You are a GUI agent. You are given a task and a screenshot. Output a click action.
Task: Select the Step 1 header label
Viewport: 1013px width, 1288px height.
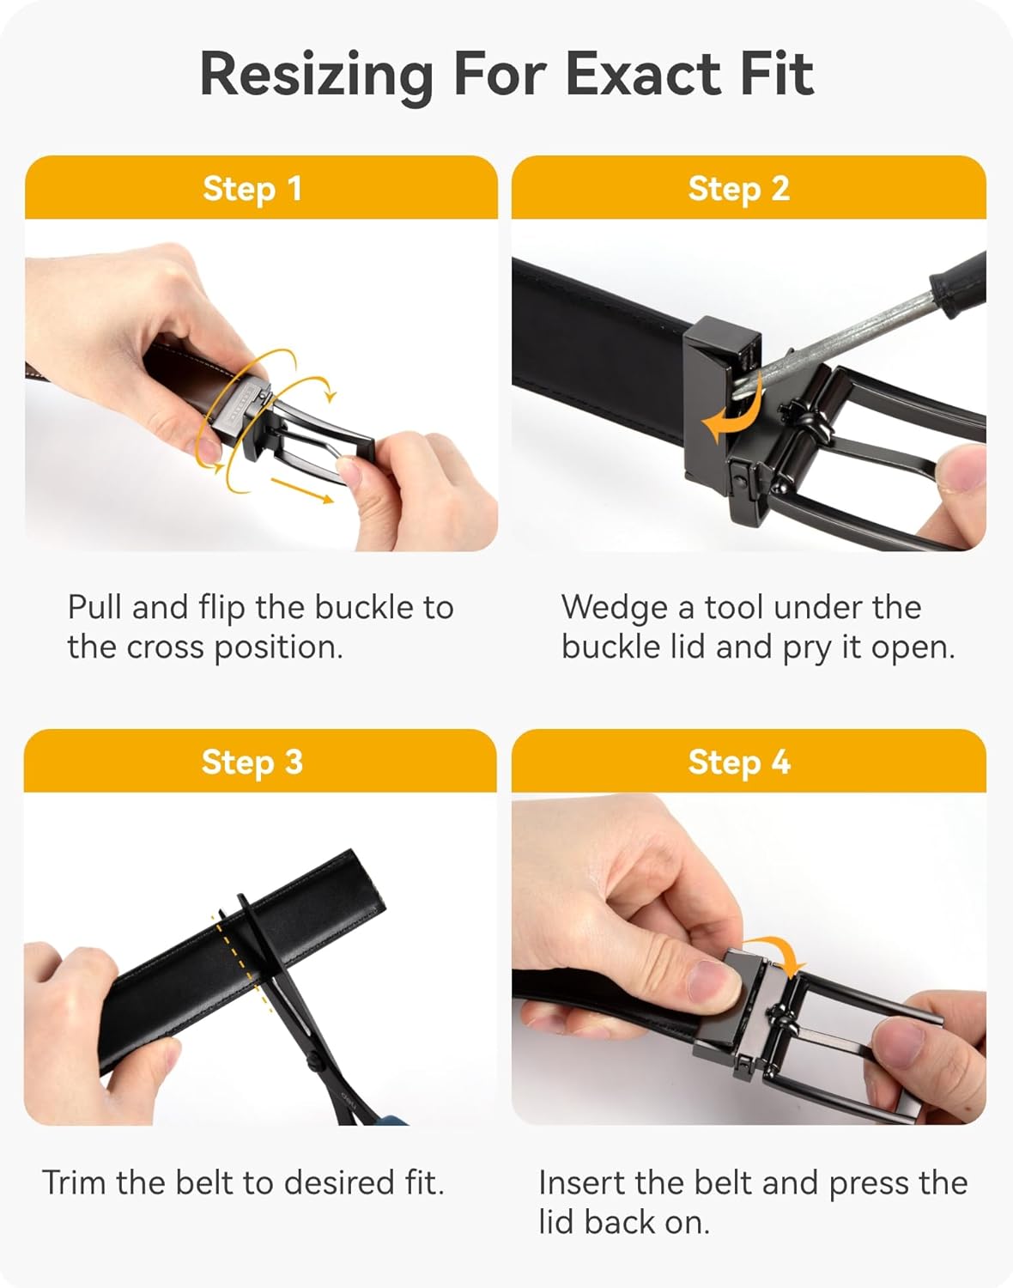point(252,189)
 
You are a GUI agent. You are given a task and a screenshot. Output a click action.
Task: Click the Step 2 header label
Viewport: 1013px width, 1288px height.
point(739,189)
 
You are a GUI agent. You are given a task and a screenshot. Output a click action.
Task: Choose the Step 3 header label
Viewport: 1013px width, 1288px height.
point(252,762)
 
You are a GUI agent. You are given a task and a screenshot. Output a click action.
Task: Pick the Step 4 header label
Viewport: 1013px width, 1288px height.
point(739,762)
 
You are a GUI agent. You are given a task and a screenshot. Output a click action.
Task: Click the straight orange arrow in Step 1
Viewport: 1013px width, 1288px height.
point(302,490)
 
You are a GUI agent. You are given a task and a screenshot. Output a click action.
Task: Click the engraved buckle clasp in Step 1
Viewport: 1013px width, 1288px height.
point(247,407)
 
